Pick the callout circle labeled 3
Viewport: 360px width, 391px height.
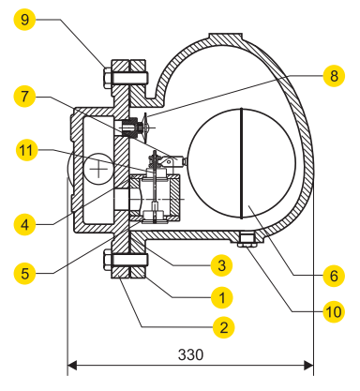pyautogui.click(x=221, y=265)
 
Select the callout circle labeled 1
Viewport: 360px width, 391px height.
pyautogui.click(x=221, y=297)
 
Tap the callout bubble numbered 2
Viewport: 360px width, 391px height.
pyautogui.click(x=221, y=328)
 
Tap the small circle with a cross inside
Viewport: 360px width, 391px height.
pyautogui.click(x=97, y=170)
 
